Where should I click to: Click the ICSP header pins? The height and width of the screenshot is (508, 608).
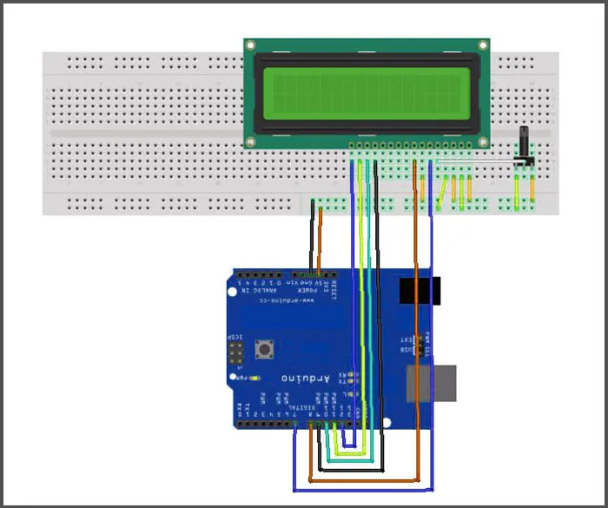coord(235,353)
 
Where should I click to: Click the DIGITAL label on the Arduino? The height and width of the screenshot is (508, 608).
coord(300,405)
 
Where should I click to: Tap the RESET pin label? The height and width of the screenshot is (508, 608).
coord(334,287)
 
